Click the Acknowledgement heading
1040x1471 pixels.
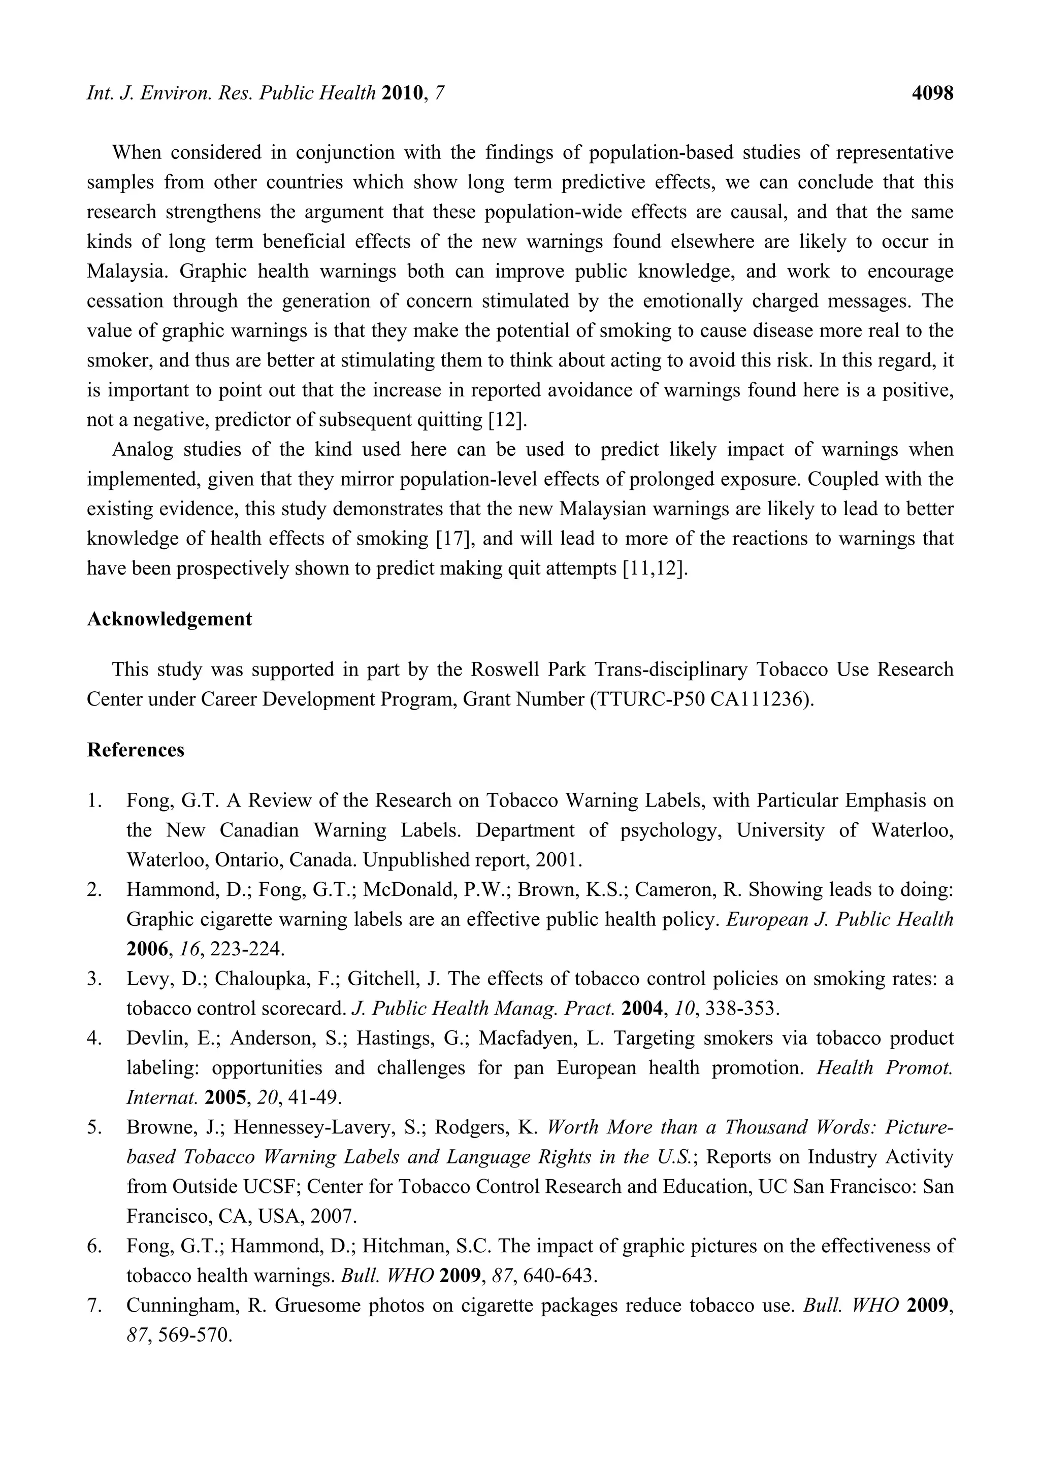tap(169, 619)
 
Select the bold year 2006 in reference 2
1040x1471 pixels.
tap(147, 949)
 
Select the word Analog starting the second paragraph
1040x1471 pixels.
tap(142, 450)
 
